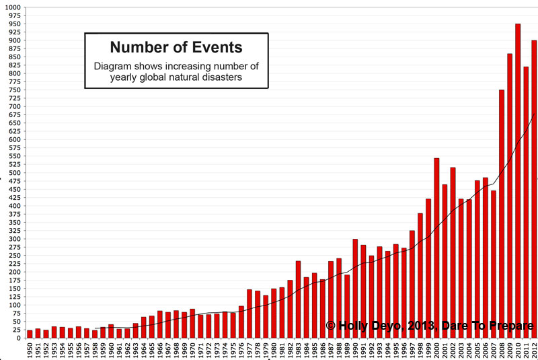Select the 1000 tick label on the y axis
(13, 7)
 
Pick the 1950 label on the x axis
(30, 350)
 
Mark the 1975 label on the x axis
(233, 350)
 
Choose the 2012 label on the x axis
(534, 350)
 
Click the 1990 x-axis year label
(355, 350)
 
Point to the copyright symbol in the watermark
(330, 326)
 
